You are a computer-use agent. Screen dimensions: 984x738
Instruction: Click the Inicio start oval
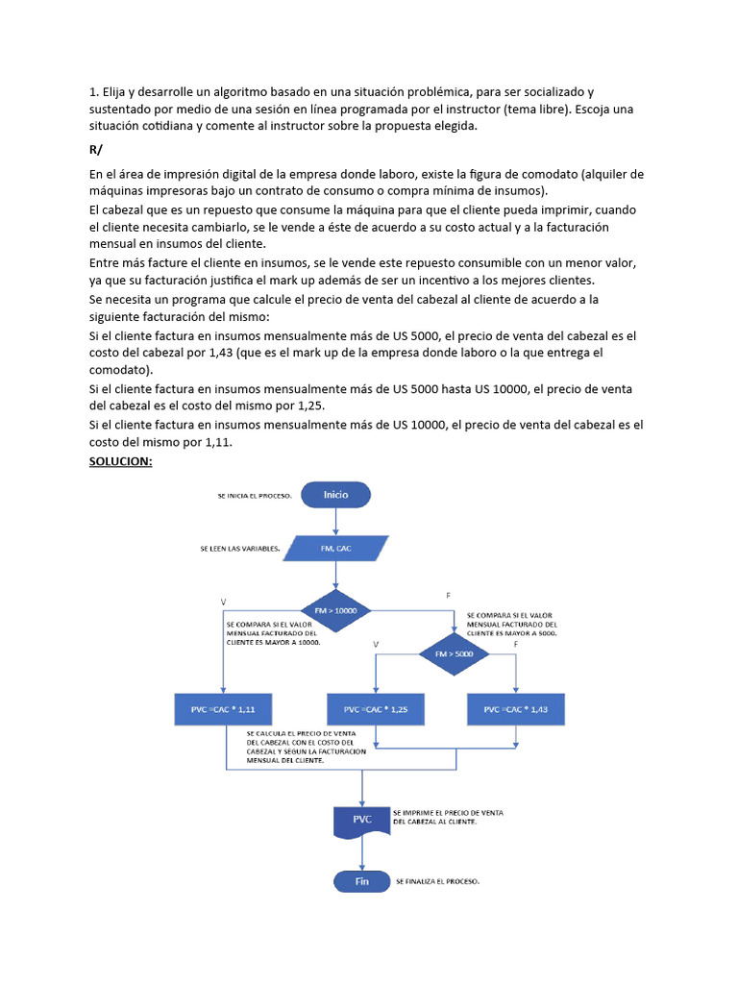click(x=335, y=495)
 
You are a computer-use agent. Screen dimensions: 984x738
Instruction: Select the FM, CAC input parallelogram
click(x=335, y=549)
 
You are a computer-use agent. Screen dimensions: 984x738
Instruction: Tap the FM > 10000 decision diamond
click(x=335, y=610)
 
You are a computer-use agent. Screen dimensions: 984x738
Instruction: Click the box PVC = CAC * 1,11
click(x=222, y=709)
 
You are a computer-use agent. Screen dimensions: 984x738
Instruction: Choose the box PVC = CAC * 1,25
click(x=376, y=709)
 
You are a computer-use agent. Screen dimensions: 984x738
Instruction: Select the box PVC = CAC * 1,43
click(x=516, y=709)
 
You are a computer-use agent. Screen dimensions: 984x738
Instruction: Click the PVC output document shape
click(x=361, y=821)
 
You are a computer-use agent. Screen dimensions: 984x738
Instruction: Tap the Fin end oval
click(x=361, y=881)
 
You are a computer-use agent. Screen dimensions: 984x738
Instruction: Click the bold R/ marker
click(x=96, y=151)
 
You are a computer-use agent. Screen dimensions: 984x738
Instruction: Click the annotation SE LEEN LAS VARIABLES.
click(x=240, y=549)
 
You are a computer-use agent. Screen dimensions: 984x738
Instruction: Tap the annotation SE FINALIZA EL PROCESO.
click(x=437, y=881)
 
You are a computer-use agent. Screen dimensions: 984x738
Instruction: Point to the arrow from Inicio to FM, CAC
click(x=335, y=521)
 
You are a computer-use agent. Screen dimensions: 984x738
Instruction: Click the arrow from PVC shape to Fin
click(x=361, y=853)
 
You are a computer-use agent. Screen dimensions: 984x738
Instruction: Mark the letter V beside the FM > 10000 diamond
click(x=224, y=602)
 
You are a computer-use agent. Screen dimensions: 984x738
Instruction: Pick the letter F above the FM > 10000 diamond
click(x=448, y=597)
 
